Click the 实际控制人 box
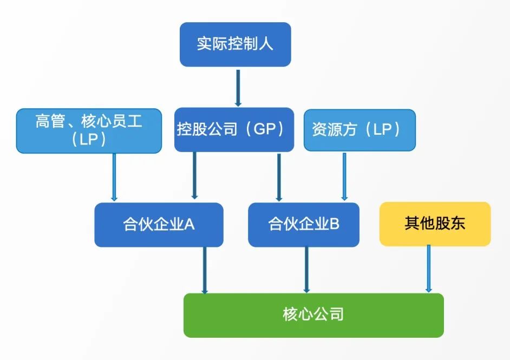235,44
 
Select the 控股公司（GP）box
234,130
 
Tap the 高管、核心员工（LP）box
89,130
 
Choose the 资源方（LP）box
359,130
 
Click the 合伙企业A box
159,225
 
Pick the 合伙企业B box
304,225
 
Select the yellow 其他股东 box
435,224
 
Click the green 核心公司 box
313,315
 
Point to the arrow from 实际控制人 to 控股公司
238,88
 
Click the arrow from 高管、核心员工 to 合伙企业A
114,177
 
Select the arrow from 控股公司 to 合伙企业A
194,175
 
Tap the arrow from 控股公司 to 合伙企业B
279,177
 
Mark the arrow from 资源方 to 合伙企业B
344,176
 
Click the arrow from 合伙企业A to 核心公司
205,270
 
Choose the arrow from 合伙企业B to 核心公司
306,270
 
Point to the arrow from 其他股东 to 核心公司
429,269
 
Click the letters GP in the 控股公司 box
265,129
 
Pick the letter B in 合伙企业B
335,224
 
